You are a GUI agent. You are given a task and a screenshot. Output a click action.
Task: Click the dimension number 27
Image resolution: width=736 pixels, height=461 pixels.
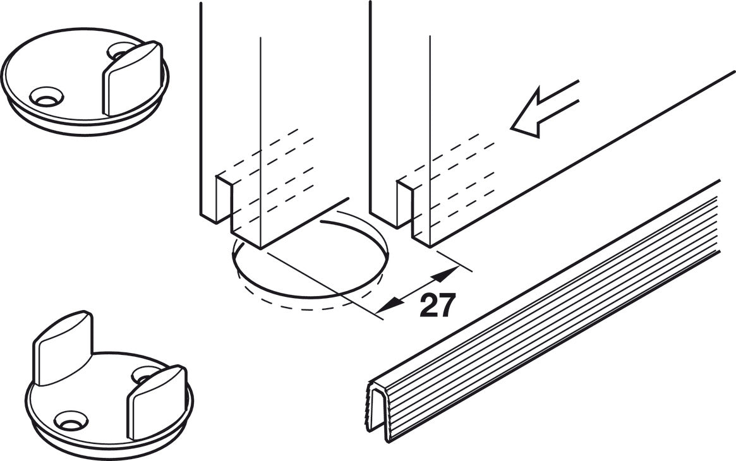click(437, 305)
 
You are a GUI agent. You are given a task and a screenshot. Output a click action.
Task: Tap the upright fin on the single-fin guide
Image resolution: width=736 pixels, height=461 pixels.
click(133, 78)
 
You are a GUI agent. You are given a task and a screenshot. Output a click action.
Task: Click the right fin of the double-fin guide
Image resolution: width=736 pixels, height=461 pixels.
click(157, 402)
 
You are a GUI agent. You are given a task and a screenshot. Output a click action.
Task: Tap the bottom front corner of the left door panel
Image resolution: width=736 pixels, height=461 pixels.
click(260, 248)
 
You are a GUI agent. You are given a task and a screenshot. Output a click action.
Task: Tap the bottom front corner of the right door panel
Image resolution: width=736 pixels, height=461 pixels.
click(429, 245)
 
